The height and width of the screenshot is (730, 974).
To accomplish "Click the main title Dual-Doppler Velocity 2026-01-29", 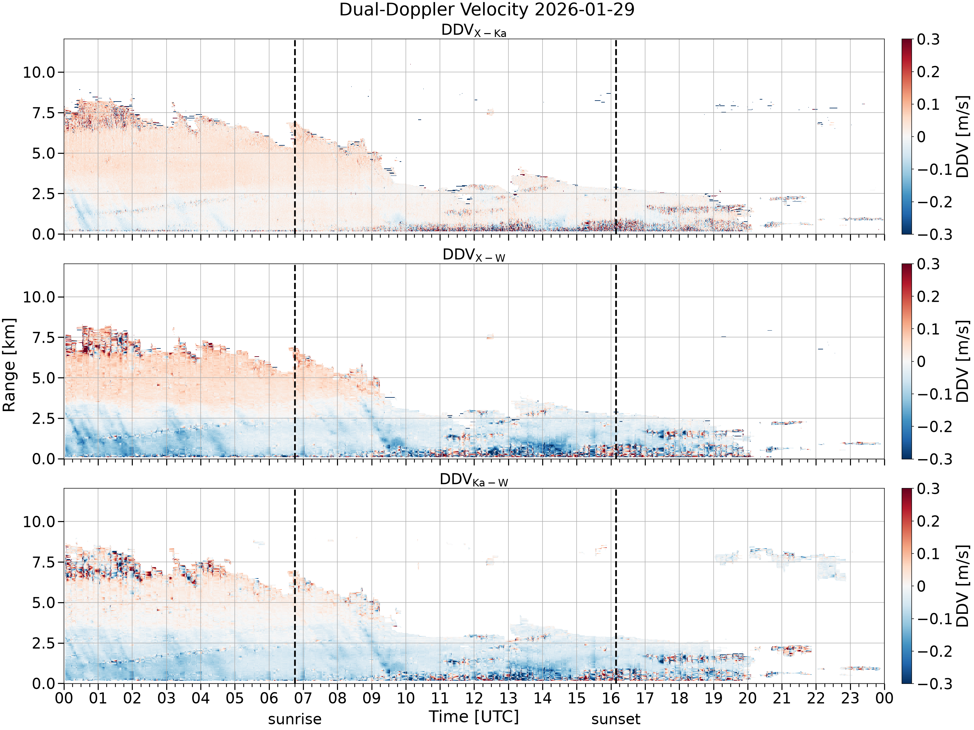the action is tap(487, 10).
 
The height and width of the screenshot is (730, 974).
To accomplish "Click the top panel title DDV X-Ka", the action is tap(474, 31).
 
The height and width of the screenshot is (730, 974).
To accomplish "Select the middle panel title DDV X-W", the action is tap(474, 255).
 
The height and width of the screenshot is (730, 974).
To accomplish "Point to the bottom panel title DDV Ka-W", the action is tap(474, 480).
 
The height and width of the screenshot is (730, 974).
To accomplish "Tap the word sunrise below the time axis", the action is tap(294, 719).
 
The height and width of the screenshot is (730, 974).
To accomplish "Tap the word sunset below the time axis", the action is tap(616, 719).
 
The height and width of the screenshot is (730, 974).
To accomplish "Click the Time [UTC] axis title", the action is tap(474, 717).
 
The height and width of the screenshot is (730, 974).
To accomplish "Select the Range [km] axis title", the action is tap(9, 365).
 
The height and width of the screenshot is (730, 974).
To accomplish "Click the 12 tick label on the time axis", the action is tap(474, 698).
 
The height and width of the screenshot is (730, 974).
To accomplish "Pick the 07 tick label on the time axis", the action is tap(303, 698).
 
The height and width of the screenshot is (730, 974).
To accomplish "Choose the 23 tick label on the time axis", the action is tap(850, 698).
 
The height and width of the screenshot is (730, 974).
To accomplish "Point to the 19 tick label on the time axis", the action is tap(713, 698).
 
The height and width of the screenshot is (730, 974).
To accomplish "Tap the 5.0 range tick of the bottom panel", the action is tap(44, 603).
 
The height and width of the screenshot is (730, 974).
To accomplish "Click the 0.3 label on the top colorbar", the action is tap(928, 40).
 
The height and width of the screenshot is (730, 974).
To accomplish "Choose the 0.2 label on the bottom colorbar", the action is tap(928, 521).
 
